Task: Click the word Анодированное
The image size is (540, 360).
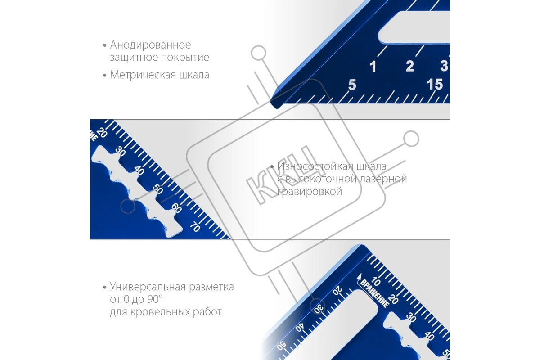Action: [x=150, y=45]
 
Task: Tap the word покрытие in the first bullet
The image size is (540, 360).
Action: [x=185, y=58]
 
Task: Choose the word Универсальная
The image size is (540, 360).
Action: [x=148, y=287]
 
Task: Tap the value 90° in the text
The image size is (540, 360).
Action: [x=155, y=299]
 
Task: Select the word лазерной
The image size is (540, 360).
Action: [x=383, y=179]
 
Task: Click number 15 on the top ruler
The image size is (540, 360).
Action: [x=435, y=85]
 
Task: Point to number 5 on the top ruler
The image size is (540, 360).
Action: [x=352, y=85]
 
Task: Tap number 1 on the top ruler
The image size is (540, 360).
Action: [x=373, y=67]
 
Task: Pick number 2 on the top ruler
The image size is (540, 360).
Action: [x=410, y=66]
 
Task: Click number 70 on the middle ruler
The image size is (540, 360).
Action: [x=195, y=227]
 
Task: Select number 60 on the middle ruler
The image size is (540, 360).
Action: [x=176, y=208]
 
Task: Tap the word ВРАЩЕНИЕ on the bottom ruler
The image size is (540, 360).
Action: [x=374, y=294]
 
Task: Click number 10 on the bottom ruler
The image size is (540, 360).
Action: [x=376, y=281]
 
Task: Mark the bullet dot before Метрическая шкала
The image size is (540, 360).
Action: [x=104, y=76]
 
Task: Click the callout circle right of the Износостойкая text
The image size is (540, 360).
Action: [x=411, y=139]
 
